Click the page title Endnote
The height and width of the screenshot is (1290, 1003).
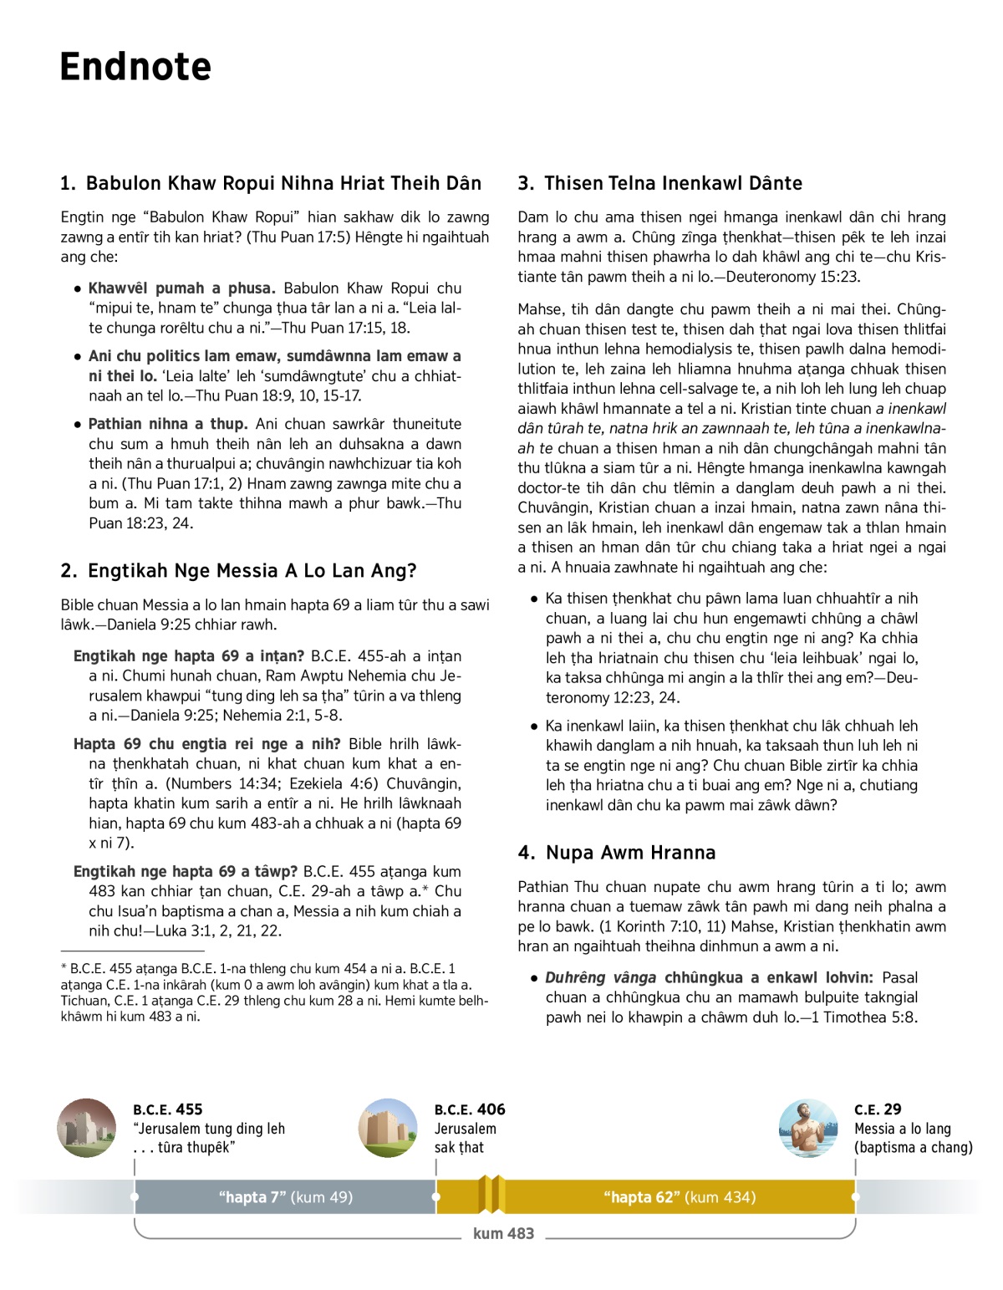(x=135, y=67)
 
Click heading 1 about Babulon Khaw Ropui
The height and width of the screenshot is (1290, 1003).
(x=271, y=183)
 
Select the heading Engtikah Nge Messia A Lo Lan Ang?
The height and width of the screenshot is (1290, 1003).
(x=238, y=571)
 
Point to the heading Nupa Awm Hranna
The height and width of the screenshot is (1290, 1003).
(x=617, y=853)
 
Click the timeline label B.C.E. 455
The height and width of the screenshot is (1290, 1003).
(x=167, y=1109)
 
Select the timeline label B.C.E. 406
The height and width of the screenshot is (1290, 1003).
(x=470, y=1109)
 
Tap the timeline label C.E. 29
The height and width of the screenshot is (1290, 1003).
(x=878, y=1109)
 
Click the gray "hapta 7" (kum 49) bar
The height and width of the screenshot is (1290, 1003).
(x=285, y=1197)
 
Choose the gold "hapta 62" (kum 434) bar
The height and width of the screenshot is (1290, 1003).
(x=679, y=1197)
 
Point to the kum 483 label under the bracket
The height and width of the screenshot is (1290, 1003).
(x=503, y=1233)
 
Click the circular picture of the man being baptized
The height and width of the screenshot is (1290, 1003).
(x=807, y=1128)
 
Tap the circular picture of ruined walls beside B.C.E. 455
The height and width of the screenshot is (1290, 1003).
(x=87, y=1128)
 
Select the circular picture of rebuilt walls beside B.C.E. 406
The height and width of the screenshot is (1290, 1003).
(x=388, y=1128)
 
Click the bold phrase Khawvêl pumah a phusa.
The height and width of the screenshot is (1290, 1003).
(x=181, y=288)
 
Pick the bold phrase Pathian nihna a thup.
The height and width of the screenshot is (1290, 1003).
(x=168, y=424)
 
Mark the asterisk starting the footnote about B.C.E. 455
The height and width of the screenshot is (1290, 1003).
(x=64, y=968)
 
